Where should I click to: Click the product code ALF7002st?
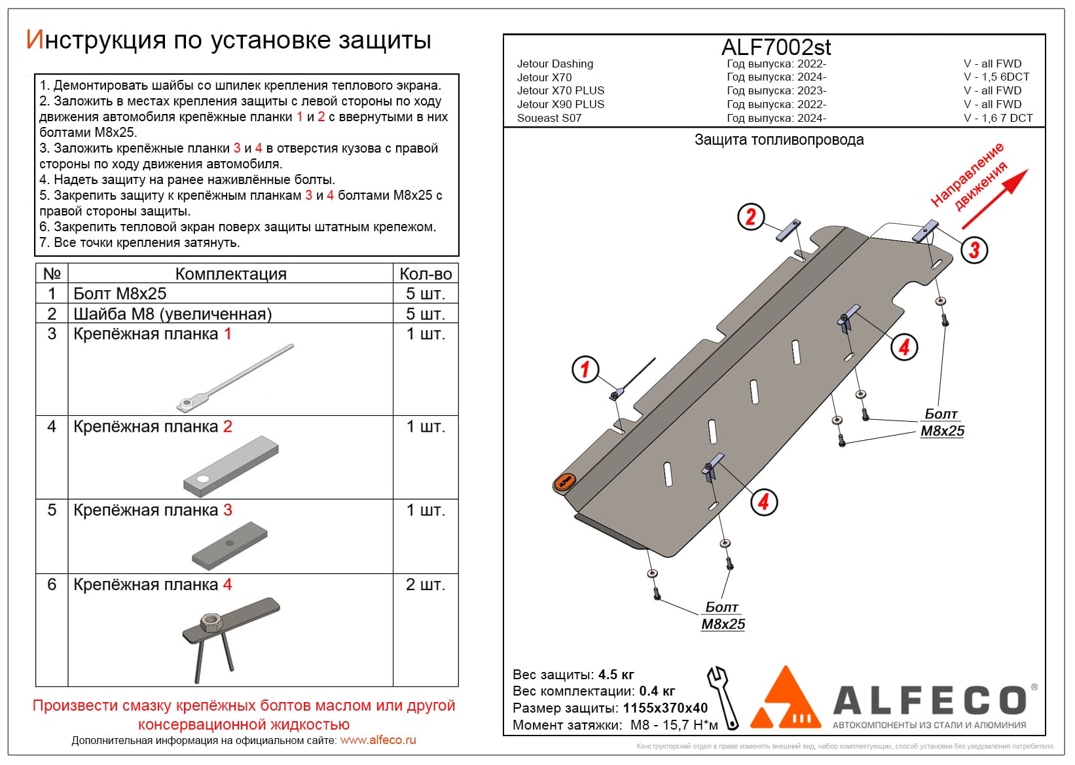(x=776, y=47)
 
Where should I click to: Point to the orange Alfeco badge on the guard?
(x=564, y=482)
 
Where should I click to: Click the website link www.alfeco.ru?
(x=378, y=740)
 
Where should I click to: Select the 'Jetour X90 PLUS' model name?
(x=560, y=104)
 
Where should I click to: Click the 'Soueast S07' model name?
(x=549, y=118)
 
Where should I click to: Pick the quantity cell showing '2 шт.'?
(x=426, y=584)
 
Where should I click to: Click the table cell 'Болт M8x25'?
(x=120, y=293)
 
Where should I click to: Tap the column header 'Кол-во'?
(x=426, y=274)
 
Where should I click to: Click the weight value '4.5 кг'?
(x=616, y=675)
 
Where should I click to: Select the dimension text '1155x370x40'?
(x=665, y=708)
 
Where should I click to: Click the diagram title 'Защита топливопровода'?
(x=778, y=140)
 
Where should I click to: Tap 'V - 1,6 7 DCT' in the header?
(x=998, y=118)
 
